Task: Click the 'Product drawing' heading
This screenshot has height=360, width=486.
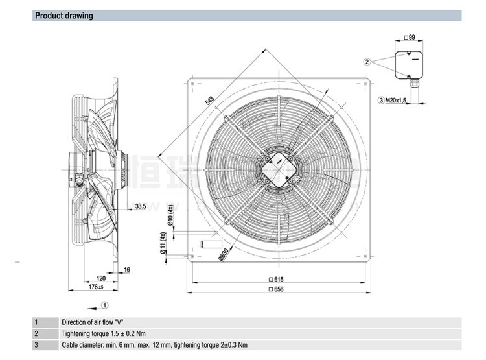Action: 64,16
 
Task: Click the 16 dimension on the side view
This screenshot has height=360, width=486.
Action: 127,269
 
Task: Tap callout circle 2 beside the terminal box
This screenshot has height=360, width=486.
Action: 367,62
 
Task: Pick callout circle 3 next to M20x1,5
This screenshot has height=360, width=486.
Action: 381,101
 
